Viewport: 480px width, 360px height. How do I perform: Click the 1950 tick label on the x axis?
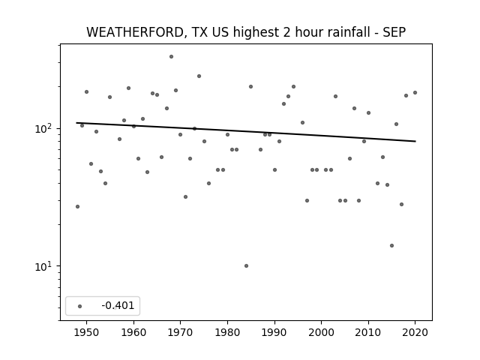pyautogui.click(x=87, y=332)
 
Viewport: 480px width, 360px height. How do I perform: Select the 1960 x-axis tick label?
pyautogui.click(x=133, y=332)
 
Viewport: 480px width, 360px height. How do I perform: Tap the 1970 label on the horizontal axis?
pyautogui.click(x=181, y=332)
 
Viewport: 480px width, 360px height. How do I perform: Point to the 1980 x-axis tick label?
pyautogui.click(x=227, y=332)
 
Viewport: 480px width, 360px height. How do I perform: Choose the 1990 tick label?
pyautogui.click(x=274, y=332)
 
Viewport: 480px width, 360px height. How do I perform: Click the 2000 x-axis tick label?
pyautogui.click(x=322, y=332)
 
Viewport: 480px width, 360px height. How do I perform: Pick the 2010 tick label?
pyautogui.click(x=368, y=332)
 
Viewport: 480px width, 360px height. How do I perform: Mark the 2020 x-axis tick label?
pyautogui.click(x=415, y=332)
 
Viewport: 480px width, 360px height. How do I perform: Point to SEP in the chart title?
pyautogui.click(x=394, y=32)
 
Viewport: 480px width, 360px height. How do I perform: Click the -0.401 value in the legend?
pyautogui.click(x=118, y=305)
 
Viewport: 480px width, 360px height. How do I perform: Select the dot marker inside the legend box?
pyautogui.click(x=80, y=306)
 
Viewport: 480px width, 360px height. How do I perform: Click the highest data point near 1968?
pyautogui.click(x=172, y=57)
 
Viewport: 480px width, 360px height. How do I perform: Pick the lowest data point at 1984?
pyautogui.click(x=247, y=265)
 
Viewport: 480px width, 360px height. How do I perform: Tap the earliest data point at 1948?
pyautogui.click(x=77, y=207)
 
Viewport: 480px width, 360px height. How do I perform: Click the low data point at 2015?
pyautogui.click(x=391, y=245)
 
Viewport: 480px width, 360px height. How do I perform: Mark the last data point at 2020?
pyautogui.click(x=415, y=92)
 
